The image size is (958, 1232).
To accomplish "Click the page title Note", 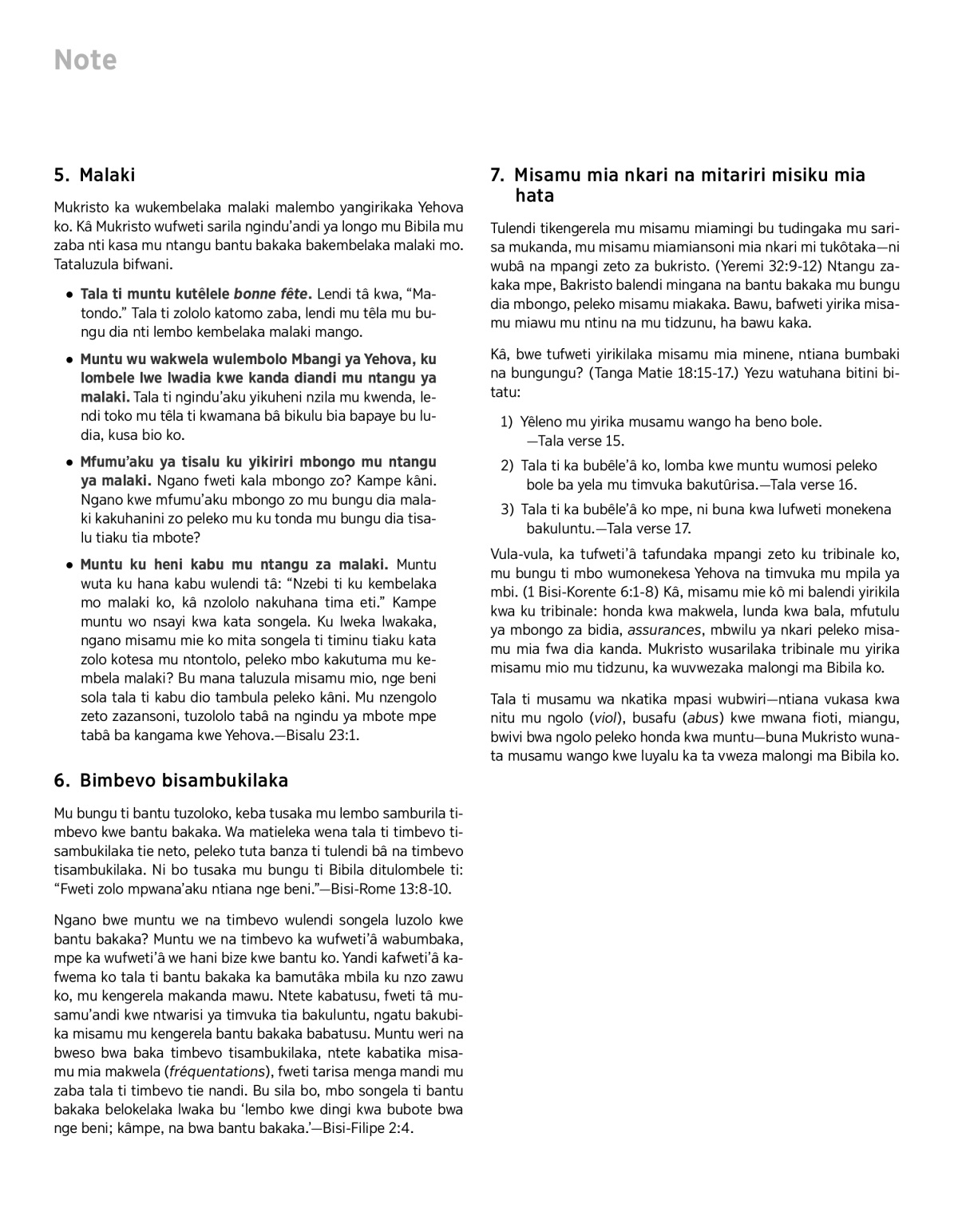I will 85,61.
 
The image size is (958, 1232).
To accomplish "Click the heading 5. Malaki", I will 95,175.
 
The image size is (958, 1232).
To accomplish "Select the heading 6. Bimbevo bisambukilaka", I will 171,780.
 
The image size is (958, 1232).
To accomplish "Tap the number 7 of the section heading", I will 496,175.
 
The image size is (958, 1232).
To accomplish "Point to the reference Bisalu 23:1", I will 316,735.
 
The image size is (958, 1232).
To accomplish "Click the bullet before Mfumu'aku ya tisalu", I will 71,462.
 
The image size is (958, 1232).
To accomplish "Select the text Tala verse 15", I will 581,441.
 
